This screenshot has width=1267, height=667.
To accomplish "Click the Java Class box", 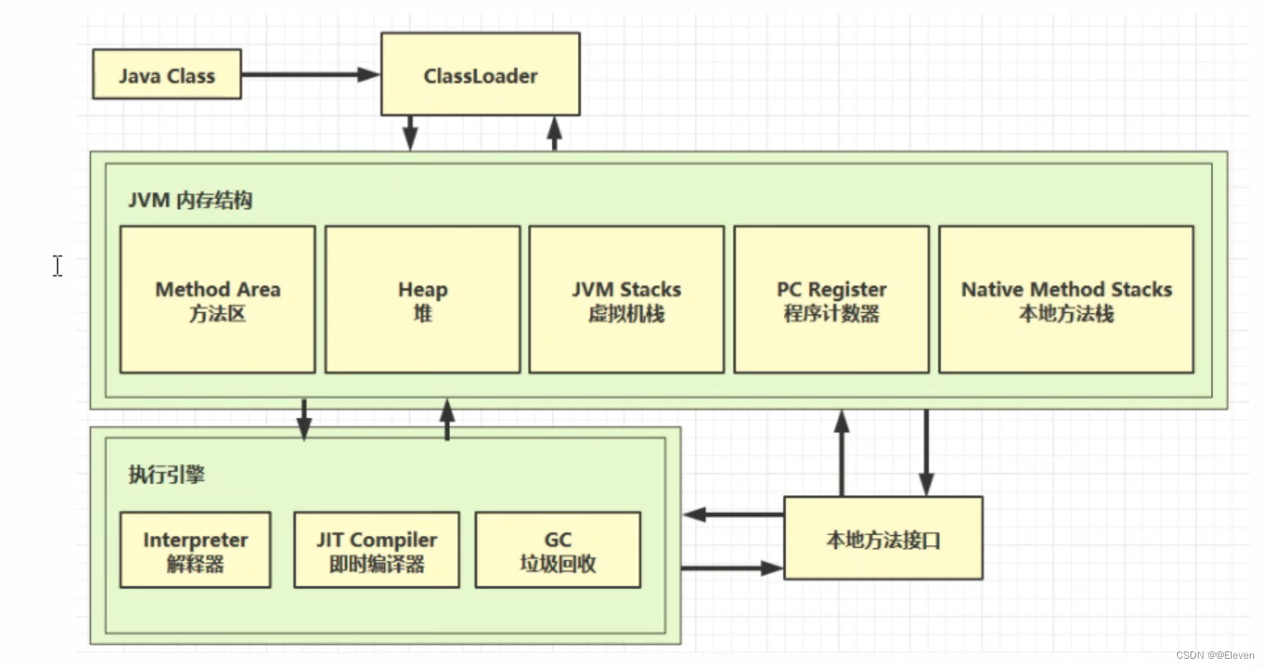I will [x=166, y=74].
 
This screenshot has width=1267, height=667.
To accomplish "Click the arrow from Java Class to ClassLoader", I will [x=310, y=74].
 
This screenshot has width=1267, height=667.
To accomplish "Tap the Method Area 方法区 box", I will [x=217, y=300].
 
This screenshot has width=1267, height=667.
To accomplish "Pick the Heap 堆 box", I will [x=423, y=300].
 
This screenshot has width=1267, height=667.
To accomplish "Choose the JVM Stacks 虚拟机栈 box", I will [x=626, y=300].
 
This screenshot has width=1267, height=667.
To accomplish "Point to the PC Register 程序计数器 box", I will [x=831, y=300].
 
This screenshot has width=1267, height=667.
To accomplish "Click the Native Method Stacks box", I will [x=1066, y=300].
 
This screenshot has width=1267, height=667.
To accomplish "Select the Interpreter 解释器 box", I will [x=195, y=550].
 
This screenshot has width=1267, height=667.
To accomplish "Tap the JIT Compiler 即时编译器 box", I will [x=376, y=550].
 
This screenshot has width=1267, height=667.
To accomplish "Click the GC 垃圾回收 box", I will [x=558, y=550].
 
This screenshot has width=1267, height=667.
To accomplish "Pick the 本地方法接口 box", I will [x=883, y=539].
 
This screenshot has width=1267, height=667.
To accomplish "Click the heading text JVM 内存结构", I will [x=190, y=200].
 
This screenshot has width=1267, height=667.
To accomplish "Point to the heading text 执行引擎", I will [x=166, y=474].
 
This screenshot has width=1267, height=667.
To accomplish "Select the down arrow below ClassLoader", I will [x=410, y=133].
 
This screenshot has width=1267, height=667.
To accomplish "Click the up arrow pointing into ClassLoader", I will [x=554, y=133].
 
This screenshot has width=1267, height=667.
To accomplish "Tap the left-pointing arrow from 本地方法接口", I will [x=732, y=515].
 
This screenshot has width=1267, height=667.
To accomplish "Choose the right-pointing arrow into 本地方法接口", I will [x=732, y=567].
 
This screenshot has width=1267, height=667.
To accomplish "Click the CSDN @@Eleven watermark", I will [x=1214, y=655].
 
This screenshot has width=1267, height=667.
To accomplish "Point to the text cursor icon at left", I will [x=58, y=265].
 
